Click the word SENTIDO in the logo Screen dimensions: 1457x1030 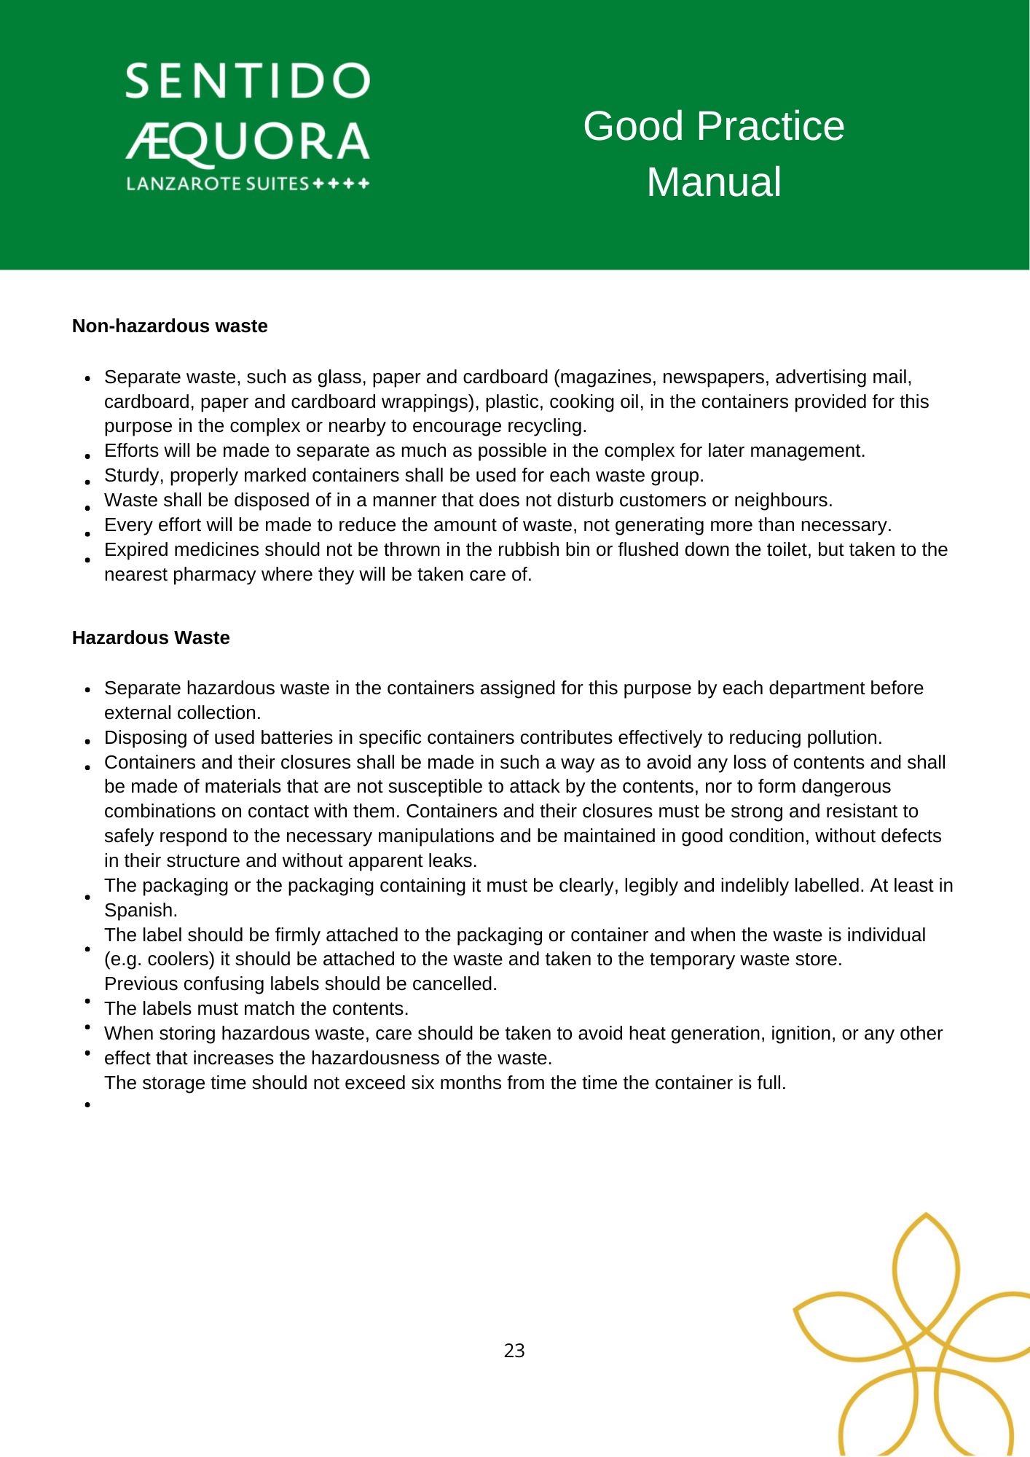click(x=248, y=82)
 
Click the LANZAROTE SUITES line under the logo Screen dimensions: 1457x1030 click(x=248, y=184)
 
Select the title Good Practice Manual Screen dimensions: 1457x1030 click(x=713, y=154)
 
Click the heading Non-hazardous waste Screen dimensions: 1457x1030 click(x=170, y=326)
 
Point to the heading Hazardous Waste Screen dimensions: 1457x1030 click(x=151, y=638)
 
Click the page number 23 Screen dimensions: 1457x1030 click(x=514, y=1351)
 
